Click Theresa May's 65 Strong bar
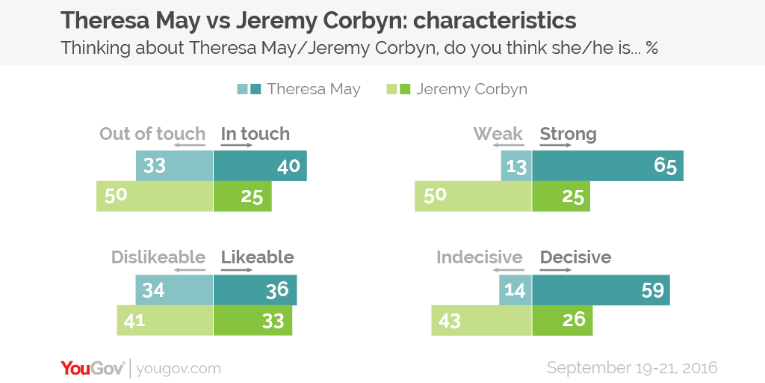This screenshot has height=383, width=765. click(x=607, y=165)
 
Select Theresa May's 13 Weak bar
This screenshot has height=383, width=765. click(x=516, y=165)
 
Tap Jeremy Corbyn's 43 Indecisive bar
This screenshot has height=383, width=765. click(x=481, y=321)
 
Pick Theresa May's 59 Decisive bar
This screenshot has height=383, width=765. click(x=601, y=289)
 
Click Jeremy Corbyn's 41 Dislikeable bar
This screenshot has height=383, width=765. click(x=164, y=321)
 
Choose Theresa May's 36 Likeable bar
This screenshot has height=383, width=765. click(x=255, y=289)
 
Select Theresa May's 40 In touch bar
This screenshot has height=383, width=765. click(x=260, y=165)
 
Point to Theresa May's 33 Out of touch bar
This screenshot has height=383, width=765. click(x=174, y=165)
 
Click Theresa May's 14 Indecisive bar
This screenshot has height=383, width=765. click(x=515, y=289)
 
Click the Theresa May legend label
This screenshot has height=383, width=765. click(x=313, y=89)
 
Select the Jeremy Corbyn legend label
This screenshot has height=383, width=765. click(x=471, y=89)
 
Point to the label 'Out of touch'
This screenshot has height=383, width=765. click(x=152, y=134)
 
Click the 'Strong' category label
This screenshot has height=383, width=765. click(x=568, y=134)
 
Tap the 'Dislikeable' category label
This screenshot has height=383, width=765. click(x=158, y=257)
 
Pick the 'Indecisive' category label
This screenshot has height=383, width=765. click(x=479, y=257)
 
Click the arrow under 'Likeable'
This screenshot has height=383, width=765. click(x=238, y=269)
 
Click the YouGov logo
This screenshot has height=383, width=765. click(x=93, y=368)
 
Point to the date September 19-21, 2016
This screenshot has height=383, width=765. click(x=632, y=368)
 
